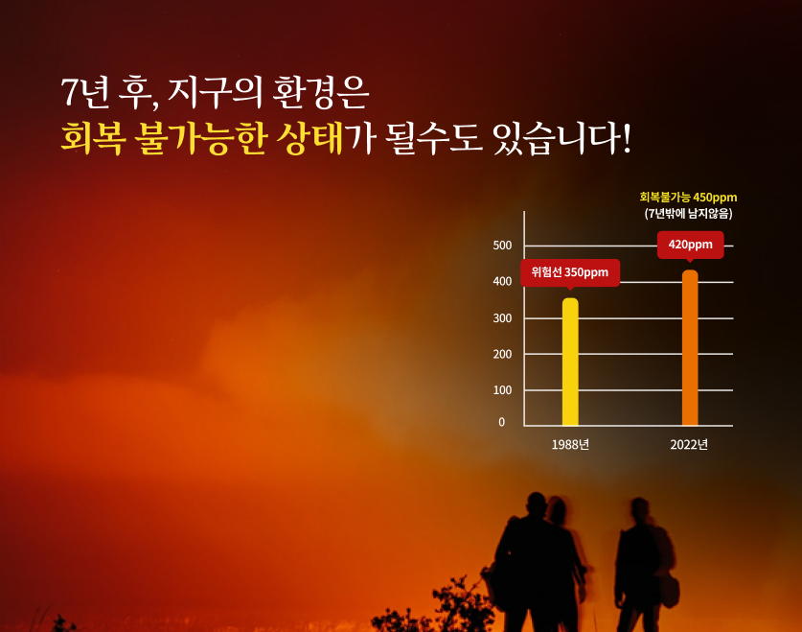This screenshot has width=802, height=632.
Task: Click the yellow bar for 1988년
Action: point(570,362)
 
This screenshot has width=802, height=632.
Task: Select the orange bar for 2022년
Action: point(690,347)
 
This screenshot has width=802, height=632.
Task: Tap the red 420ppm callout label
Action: point(690,245)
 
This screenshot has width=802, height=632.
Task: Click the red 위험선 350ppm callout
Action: point(570,272)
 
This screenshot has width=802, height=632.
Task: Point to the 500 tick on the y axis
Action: point(502,246)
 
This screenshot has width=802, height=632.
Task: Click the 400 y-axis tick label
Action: point(502,281)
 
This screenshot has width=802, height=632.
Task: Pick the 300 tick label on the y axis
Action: point(502,318)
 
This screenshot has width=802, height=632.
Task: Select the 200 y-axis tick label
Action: point(502,354)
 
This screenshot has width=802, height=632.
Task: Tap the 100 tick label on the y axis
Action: point(502,390)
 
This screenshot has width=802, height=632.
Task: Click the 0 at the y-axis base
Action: point(502,422)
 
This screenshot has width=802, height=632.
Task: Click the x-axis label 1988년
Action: point(570,445)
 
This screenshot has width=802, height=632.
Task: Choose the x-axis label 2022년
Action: point(689,445)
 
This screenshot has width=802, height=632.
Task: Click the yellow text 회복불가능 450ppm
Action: point(688,197)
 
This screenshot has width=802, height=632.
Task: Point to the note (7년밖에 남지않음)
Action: point(688,214)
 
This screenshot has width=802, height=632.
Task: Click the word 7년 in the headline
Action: point(85,93)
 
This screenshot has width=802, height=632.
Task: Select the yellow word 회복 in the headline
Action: point(93,138)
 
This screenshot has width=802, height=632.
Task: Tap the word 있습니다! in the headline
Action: point(561,138)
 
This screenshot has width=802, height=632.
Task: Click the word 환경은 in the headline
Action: point(320,93)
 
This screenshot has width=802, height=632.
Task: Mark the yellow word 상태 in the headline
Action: point(309,138)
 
